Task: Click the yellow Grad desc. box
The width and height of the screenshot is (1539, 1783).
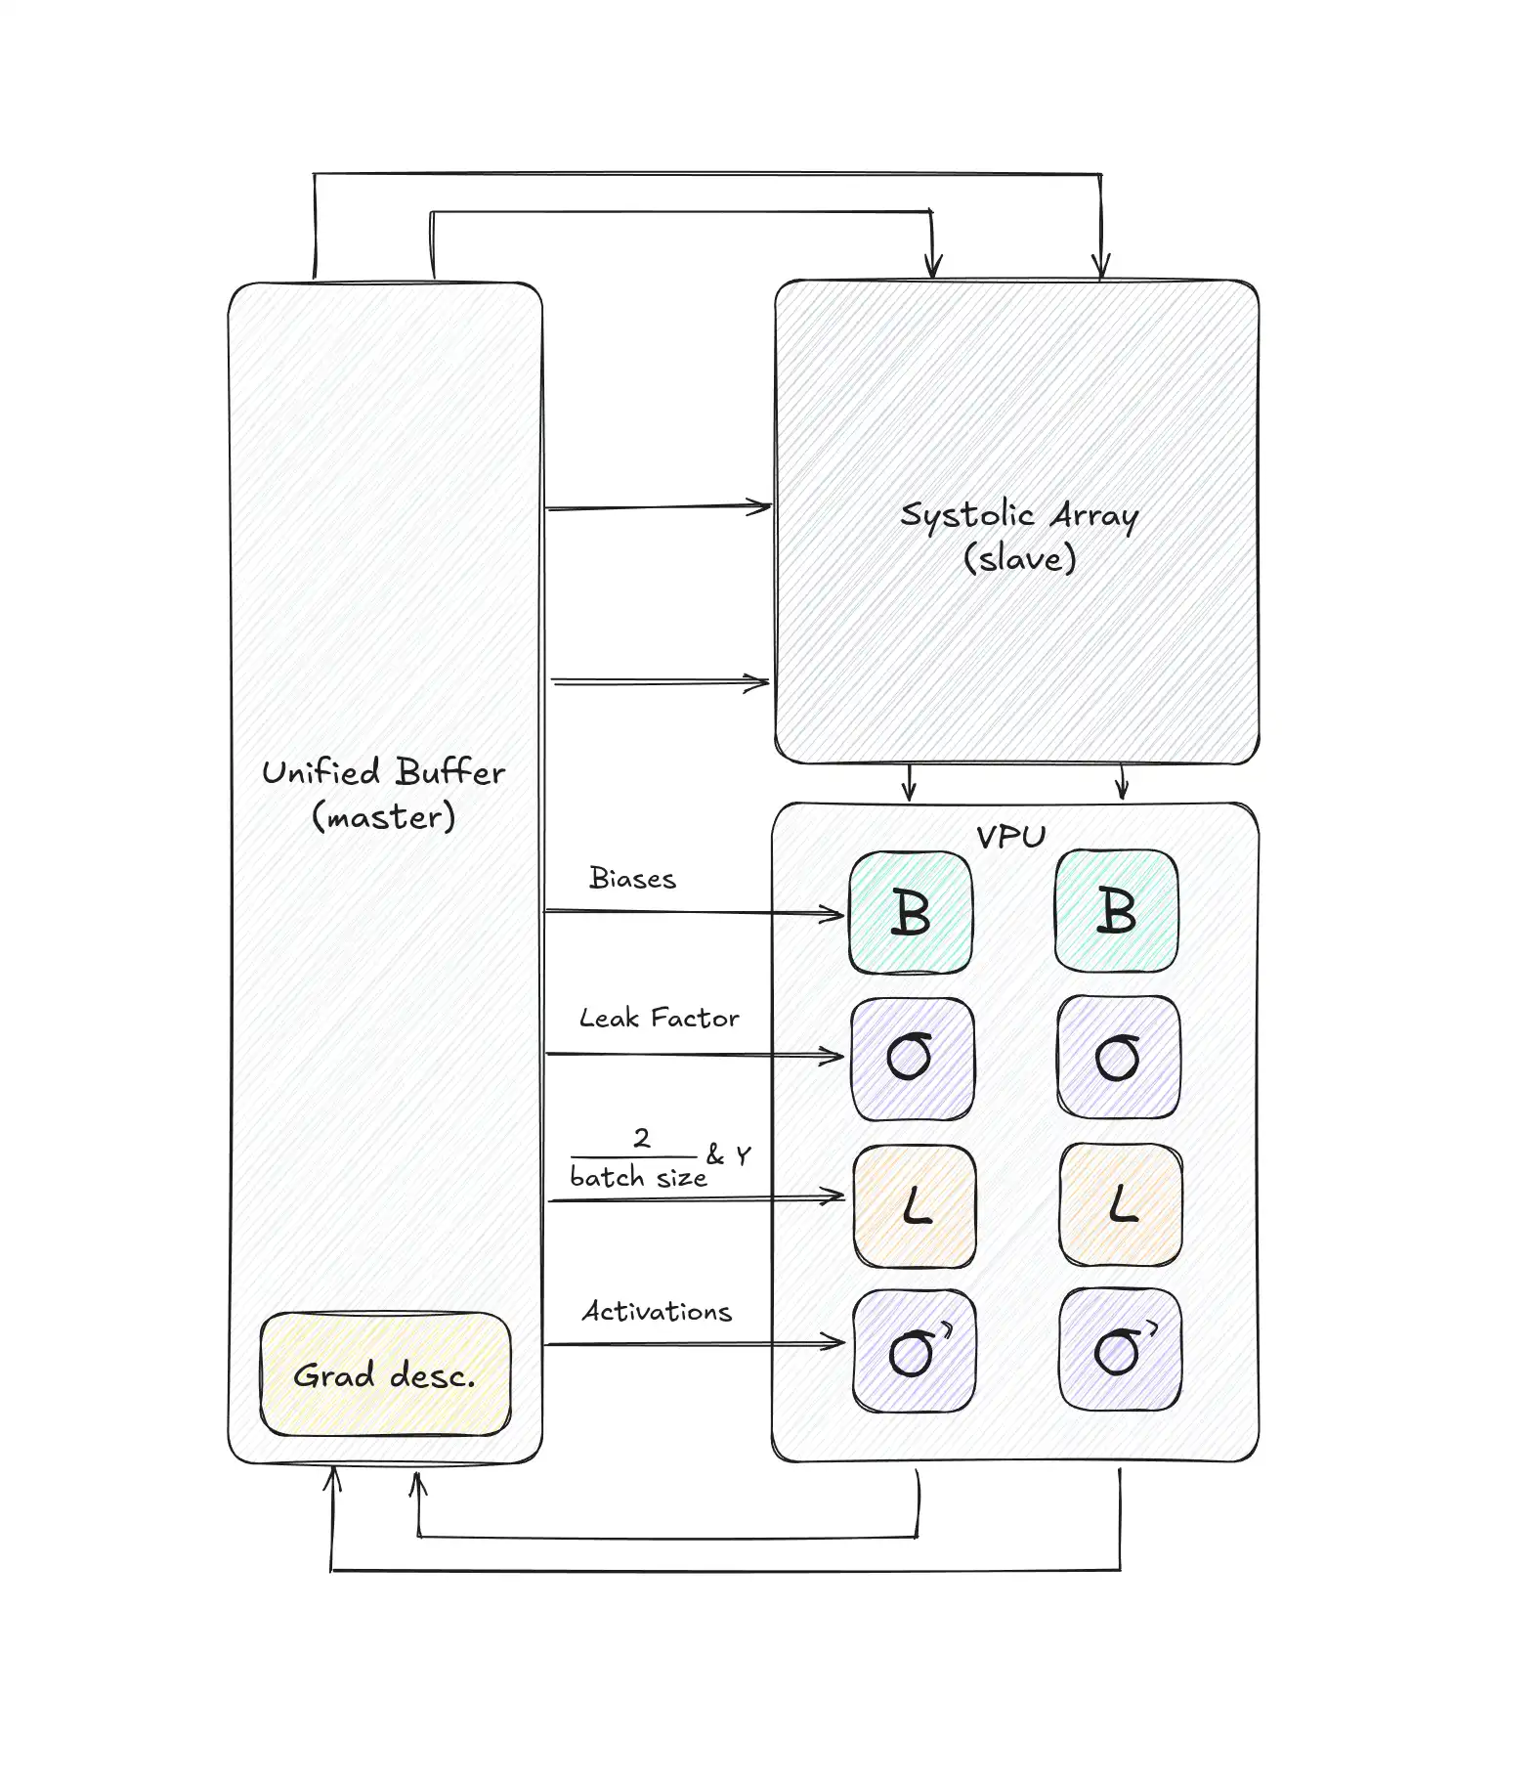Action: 385,1373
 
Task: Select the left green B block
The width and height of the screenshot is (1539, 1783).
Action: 911,912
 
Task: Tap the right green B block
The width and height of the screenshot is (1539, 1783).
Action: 1117,910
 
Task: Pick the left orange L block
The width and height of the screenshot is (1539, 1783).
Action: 915,1206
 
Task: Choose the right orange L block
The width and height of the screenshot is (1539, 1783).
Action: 1121,1204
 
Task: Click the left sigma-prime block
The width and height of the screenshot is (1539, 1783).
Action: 915,1351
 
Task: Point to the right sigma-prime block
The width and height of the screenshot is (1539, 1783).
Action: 1121,1349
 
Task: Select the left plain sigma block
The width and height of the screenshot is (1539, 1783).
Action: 913,1059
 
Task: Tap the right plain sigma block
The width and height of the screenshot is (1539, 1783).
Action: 1119,1057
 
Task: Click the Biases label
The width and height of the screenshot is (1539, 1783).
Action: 632,878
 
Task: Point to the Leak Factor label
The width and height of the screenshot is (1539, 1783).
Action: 660,1018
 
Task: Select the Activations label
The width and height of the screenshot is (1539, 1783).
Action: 657,1311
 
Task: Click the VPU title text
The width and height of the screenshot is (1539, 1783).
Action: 1011,837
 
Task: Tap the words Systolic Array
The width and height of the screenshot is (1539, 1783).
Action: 1019,515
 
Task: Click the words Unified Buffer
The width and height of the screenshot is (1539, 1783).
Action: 383,772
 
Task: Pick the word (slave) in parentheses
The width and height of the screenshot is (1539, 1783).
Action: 1019,558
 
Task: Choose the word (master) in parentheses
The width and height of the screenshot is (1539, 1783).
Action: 383,816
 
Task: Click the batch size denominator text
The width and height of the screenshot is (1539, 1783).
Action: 638,1177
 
